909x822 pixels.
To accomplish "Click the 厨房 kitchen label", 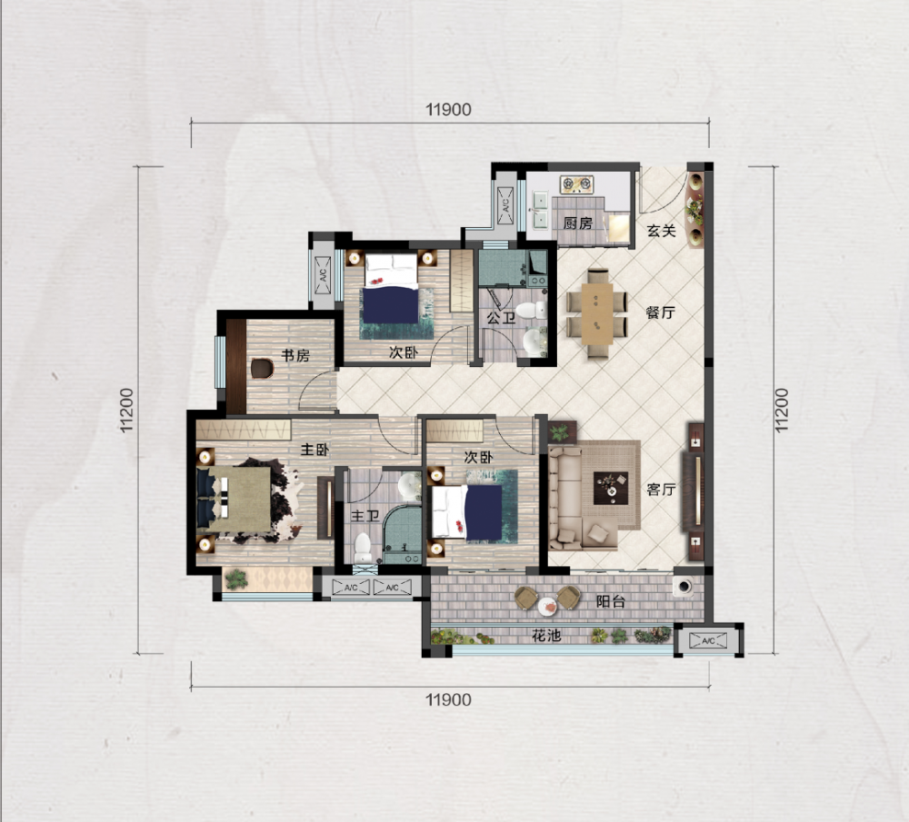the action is [577, 223].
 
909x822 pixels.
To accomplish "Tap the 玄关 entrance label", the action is [662, 231].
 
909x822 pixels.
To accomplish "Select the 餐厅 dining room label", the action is [660, 312].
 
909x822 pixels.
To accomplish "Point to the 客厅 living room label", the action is [661, 490].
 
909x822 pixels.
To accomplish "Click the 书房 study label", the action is [295, 355].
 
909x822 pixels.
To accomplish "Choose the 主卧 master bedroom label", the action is [315, 450].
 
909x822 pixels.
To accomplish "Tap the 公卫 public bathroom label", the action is [501, 318].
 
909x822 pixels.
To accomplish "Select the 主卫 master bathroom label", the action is [365, 516].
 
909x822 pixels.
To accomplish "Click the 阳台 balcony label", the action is [611, 601].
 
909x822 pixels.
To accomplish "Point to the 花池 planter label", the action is [546, 636].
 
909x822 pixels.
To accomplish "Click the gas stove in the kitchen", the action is [577, 184].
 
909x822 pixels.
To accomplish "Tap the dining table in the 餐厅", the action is [597, 313].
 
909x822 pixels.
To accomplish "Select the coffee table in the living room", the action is [611, 488].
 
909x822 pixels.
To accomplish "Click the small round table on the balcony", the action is [546, 607].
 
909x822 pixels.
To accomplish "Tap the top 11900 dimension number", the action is [448, 110].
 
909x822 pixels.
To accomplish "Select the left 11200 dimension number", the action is [126, 411].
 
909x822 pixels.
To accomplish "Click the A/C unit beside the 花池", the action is [708, 640].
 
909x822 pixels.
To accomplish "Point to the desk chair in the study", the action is [262, 369].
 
